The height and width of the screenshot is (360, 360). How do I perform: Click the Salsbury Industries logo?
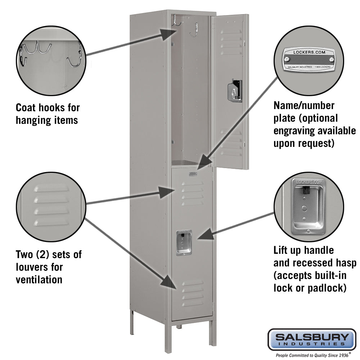click(311, 339)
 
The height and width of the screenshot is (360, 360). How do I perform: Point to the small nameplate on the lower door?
click(193, 174)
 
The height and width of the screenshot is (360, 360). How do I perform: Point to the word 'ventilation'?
click(39, 280)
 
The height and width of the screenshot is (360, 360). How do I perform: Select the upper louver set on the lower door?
click(192, 192)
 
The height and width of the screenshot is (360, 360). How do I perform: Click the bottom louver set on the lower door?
click(192, 293)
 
